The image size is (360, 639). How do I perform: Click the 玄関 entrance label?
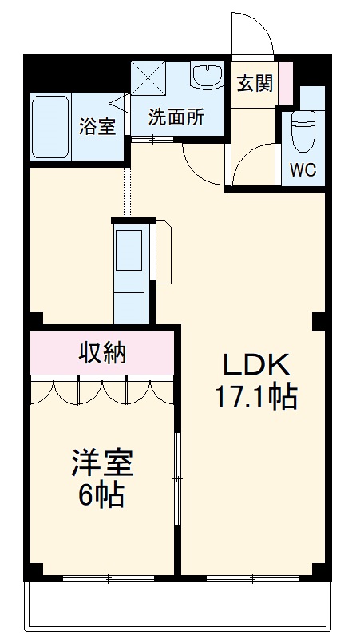click(254, 83)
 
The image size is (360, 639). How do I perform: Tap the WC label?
click(303, 169)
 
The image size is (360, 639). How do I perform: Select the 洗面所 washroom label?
click(176, 117)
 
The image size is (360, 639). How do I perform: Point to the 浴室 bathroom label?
click(97, 125)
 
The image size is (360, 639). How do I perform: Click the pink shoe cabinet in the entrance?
click(285, 81)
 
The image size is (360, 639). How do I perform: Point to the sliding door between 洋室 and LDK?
click(178, 479)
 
